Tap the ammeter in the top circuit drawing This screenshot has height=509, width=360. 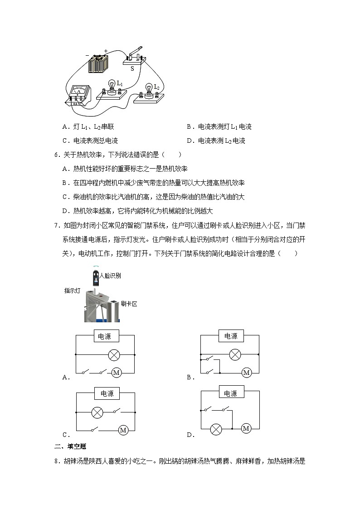point(79,95)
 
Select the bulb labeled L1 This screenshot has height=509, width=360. point(112,86)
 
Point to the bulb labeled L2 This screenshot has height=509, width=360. point(149,89)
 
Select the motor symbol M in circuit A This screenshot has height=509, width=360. point(116,373)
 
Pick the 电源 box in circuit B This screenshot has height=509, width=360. point(231,336)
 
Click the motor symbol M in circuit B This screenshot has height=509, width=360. point(246,373)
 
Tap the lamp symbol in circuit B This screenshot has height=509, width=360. point(234,354)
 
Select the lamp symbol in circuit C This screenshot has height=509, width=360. point(97,412)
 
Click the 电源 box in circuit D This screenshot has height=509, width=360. point(231,393)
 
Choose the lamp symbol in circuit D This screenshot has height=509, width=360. point(217,428)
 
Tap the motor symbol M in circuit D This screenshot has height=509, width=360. point(246,428)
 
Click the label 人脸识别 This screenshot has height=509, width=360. point(109,276)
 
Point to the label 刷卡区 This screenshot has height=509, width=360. point(129,304)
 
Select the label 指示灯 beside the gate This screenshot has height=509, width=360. point(72,291)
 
